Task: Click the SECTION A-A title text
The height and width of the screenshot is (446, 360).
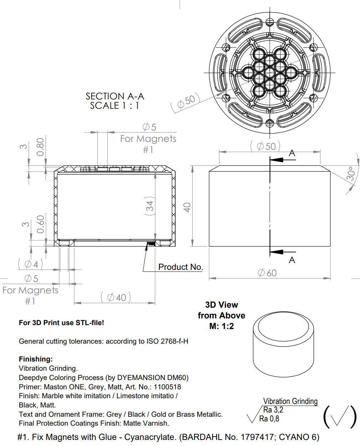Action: (115, 96)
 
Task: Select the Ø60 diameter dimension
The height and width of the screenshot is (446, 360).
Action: (267, 273)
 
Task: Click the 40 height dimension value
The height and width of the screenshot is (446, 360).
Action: (187, 207)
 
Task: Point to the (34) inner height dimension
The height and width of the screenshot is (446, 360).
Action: (150, 206)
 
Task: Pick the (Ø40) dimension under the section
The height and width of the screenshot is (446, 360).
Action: (116, 297)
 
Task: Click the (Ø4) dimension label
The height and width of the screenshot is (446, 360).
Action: (31, 264)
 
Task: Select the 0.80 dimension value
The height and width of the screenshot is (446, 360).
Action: (40, 147)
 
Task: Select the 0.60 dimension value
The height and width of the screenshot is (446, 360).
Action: (40, 224)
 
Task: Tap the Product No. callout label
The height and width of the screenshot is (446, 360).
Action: (181, 267)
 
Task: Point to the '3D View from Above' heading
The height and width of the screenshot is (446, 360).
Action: (221, 315)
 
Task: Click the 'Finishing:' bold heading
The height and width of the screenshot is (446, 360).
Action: (36, 359)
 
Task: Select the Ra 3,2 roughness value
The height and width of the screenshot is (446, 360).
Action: (273, 410)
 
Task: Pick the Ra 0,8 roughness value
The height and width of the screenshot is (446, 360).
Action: (269, 419)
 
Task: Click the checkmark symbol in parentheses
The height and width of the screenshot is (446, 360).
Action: (340, 416)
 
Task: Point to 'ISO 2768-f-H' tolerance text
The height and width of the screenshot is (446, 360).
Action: (167, 341)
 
